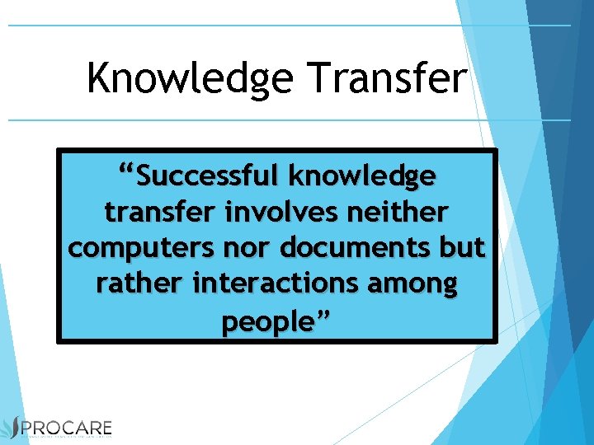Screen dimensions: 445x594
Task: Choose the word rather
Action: point(140,284)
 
